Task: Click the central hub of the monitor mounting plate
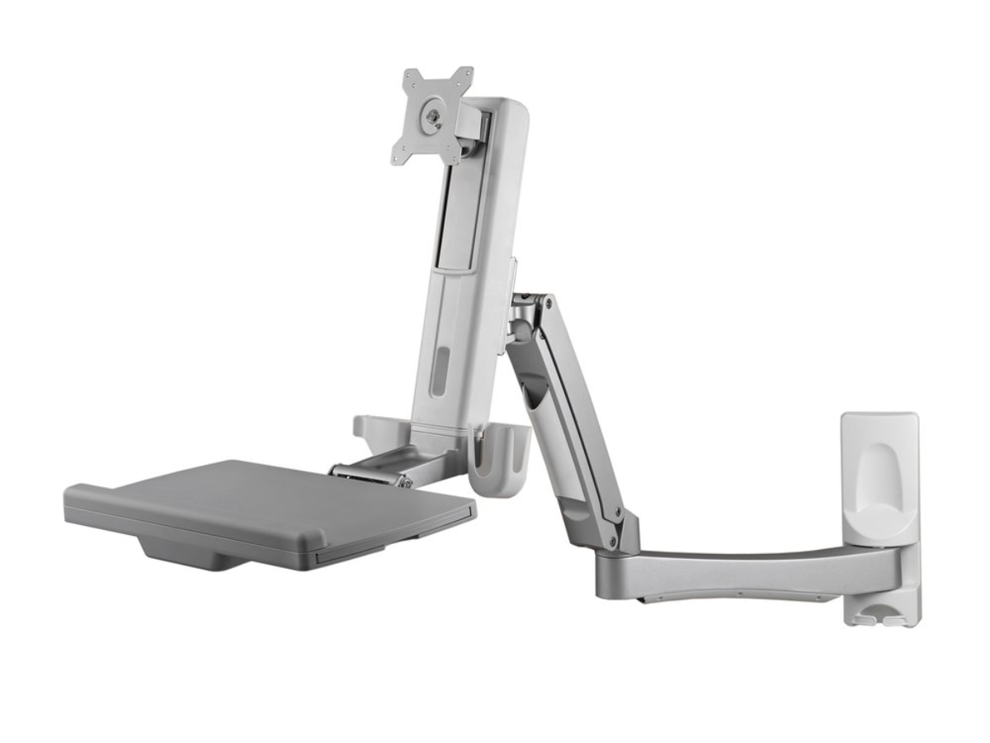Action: pos(431,116)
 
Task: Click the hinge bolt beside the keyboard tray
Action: pos(403,480)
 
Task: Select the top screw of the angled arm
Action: pos(548,304)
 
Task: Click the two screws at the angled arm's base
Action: pos(615,528)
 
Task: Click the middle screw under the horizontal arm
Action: pos(739,594)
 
